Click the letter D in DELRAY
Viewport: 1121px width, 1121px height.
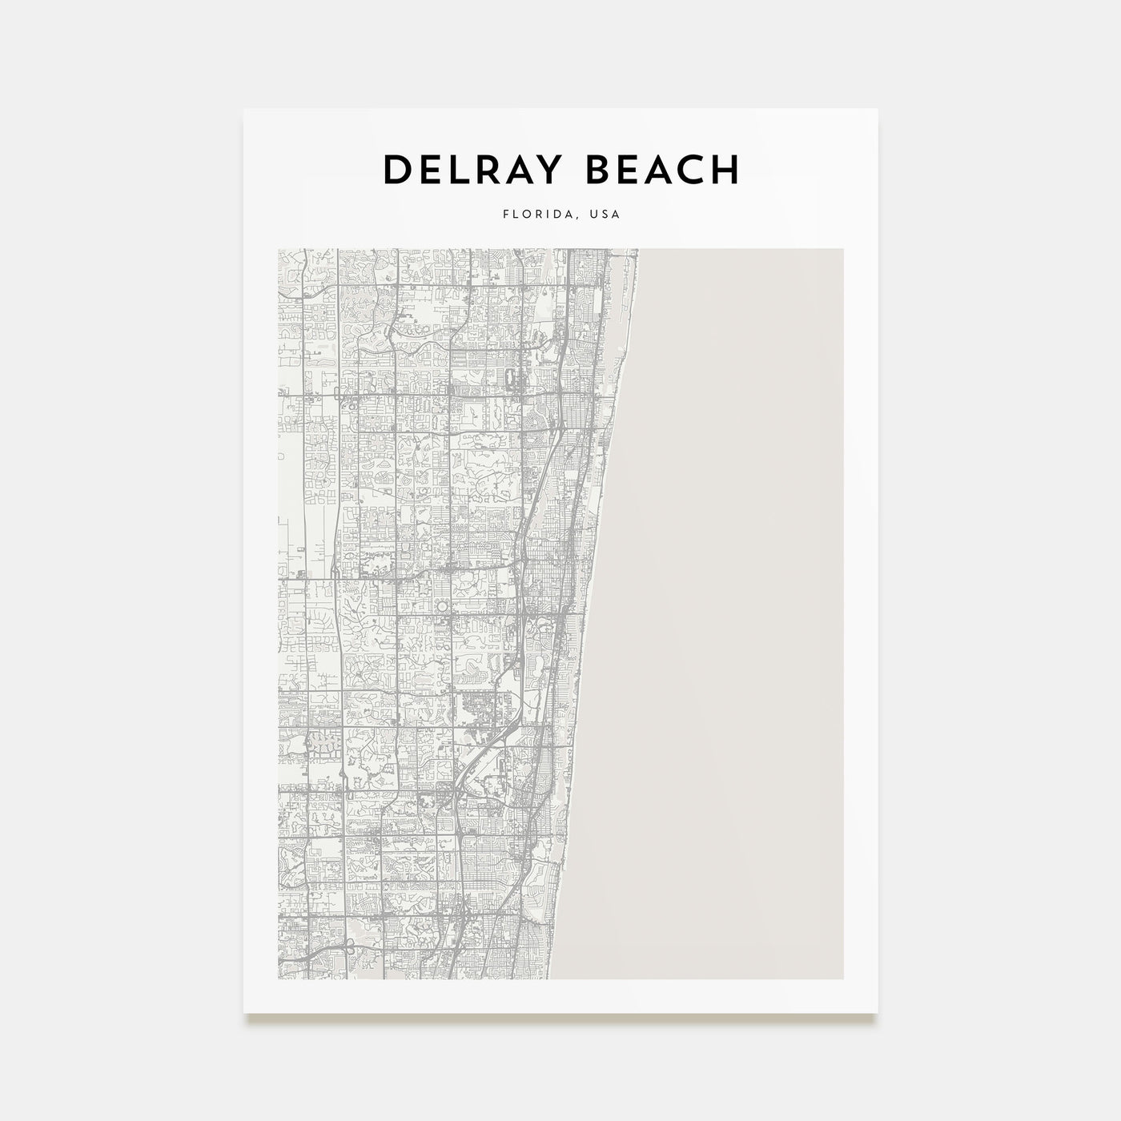[x=397, y=170]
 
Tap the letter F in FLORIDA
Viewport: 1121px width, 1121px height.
[x=506, y=215]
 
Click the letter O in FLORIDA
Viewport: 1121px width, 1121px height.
[x=526, y=215]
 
